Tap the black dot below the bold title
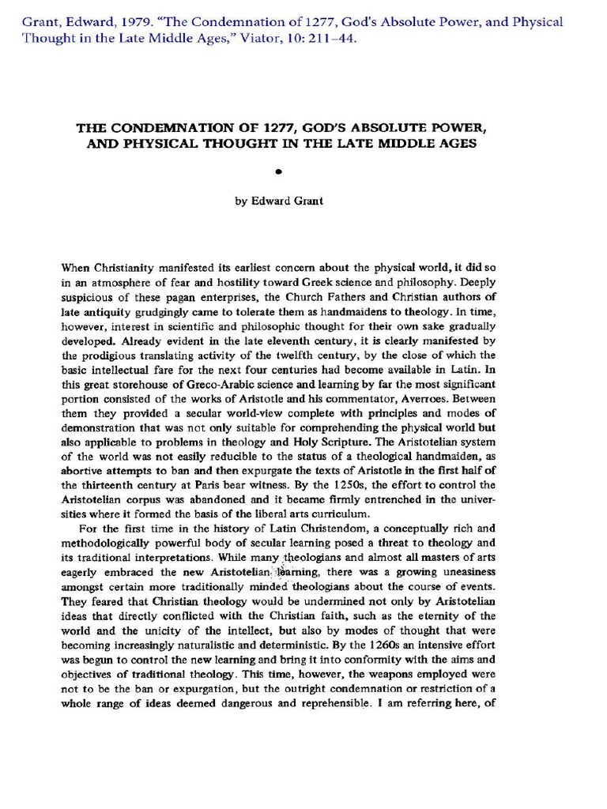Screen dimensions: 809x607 coord(278,170)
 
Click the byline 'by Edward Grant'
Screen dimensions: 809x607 coord(278,201)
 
